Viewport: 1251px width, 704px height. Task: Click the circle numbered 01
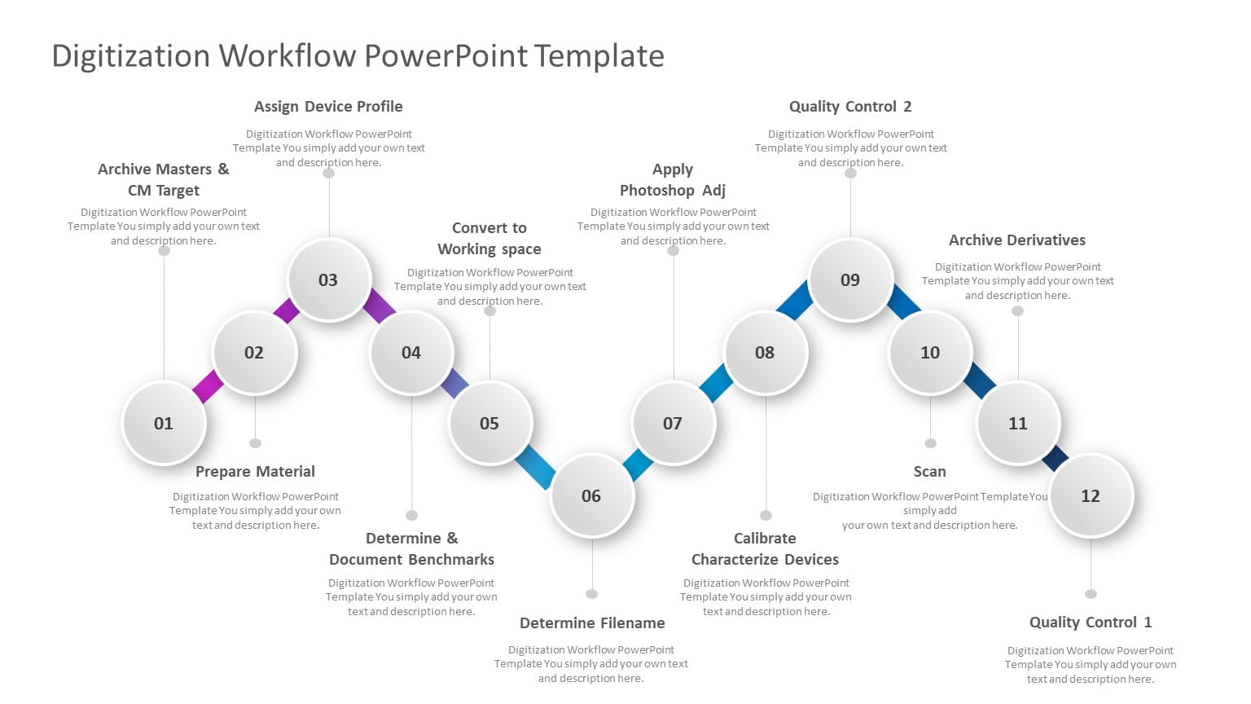coord(164,423)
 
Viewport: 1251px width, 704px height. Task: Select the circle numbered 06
coord(591,495)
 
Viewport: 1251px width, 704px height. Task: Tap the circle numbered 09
coord(850,279)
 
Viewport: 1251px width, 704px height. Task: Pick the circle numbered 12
coord(1091,495)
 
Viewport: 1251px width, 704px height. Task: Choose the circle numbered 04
coord(411,352)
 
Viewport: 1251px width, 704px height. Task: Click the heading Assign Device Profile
coord(328,107)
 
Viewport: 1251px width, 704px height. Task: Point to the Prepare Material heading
coord(255,472)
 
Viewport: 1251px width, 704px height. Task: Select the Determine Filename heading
coord(592,623)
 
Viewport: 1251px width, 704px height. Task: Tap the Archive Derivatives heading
coord(1017,240)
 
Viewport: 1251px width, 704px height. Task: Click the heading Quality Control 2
coord(850,107)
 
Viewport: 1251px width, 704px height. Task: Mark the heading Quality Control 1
coord(1091,623)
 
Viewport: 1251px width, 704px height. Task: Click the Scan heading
coord(929,472)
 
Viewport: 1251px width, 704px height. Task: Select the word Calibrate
coord(765,539)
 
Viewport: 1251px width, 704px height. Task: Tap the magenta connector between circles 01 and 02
coord(208,386)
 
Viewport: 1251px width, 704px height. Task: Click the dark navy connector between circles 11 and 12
coord(1056,459)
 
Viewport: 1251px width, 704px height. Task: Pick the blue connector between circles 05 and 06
coord(535,466)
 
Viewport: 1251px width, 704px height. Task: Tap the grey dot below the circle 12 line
coord(1091,594)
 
